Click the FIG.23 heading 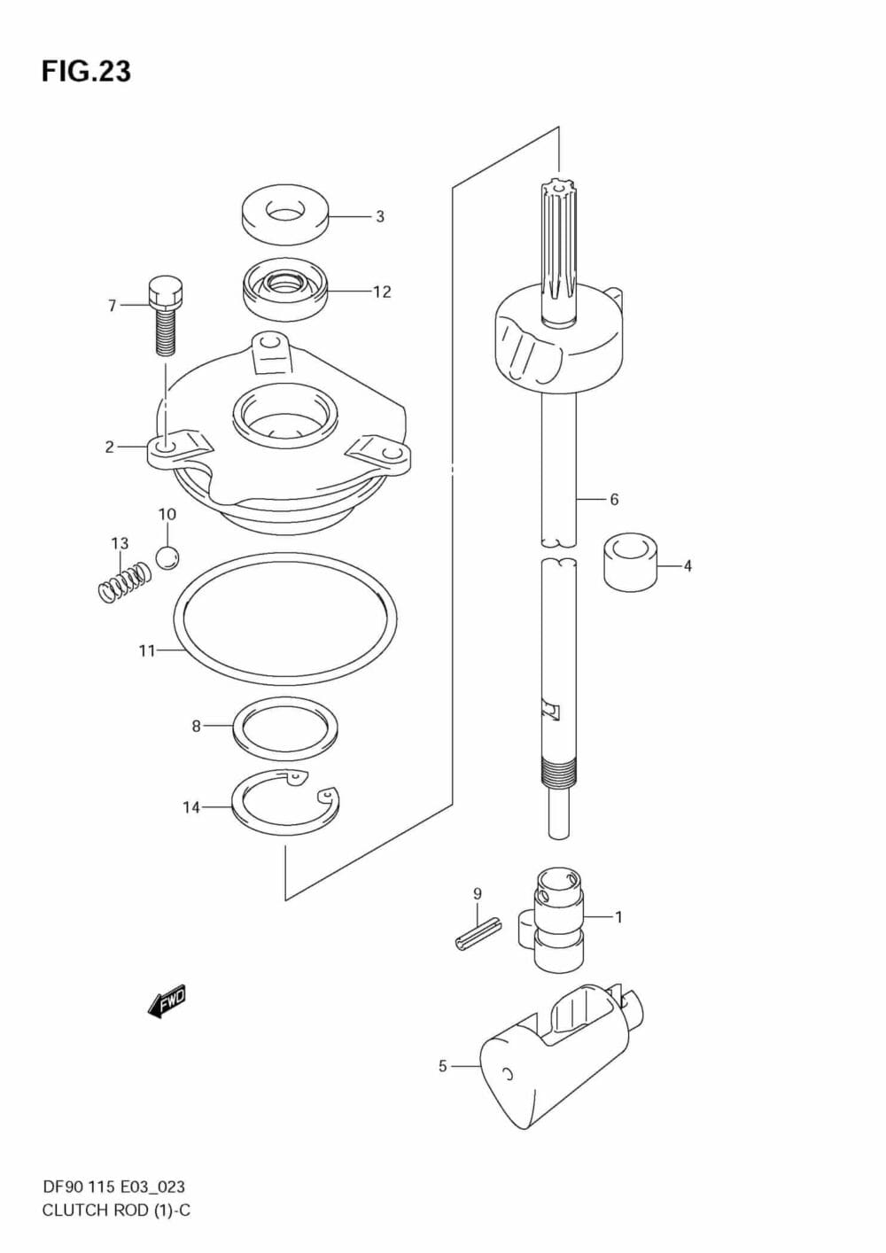86,72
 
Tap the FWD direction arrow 167,1005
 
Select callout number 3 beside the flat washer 380,216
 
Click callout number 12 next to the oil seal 382,292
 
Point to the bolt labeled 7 165,316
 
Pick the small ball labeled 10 167,557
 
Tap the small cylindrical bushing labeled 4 631,562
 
